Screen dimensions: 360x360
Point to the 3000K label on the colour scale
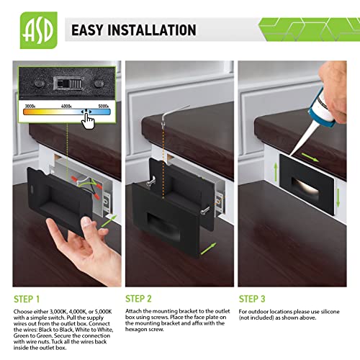pyautogui.click(x=30, y=105)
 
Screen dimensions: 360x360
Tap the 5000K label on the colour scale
pyautogui.click(x=104, y=105)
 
